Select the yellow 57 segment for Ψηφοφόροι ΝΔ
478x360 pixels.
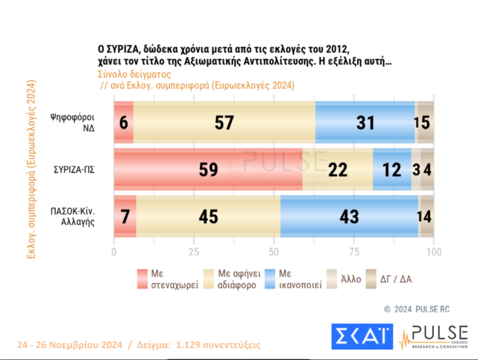(x=224, y=122)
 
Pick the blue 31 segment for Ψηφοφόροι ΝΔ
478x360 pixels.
(x=364, y=122)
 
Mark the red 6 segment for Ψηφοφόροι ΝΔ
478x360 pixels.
(x=124, y=122)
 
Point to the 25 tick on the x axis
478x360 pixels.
(x=194, y=252)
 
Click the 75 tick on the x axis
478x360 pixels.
(x=354, y=252)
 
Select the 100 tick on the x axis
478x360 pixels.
(x=433, y=252)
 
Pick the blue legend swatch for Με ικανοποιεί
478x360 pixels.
(x=269, y=278)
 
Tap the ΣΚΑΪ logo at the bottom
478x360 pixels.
(x=362, y=338)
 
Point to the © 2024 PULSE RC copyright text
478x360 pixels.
(x=416, y=309)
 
